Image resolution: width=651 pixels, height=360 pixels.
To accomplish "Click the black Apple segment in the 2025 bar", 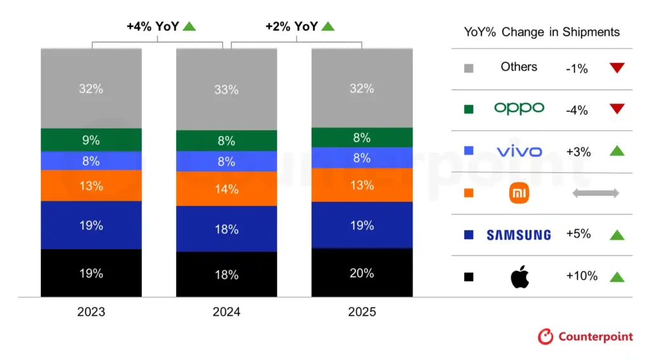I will [362, 273].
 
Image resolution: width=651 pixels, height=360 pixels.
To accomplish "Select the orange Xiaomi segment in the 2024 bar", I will [226, 189].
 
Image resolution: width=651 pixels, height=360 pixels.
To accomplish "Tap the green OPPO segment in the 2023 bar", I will [91, 140].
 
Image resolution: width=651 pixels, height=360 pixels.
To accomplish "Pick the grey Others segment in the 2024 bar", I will [226, 89].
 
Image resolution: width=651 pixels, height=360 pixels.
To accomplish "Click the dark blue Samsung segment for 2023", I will [91, 225].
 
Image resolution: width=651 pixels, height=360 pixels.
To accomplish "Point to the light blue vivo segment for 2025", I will [362, 158].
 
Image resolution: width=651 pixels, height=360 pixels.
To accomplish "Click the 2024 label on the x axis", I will [226, 312].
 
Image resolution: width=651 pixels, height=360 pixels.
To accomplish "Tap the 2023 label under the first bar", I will [91, 312].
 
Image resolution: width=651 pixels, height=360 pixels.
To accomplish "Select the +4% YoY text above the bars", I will [153, 27].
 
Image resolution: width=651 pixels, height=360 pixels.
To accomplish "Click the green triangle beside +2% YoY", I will [328, 27].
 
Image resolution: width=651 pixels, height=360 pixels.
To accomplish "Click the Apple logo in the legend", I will [519, 277].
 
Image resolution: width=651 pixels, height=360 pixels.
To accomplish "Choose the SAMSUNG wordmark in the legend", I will [519, 235].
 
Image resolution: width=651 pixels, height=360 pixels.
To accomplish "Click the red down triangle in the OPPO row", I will [617, 109].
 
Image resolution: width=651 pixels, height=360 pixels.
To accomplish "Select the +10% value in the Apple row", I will [582, 276].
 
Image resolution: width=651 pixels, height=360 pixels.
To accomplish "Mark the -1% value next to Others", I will [577, 69].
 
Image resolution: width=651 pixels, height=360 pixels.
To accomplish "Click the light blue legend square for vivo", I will [469, 151].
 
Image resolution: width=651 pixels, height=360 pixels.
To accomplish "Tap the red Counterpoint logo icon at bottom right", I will [545, 336].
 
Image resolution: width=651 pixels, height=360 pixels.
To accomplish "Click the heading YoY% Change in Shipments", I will [542, 32].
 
